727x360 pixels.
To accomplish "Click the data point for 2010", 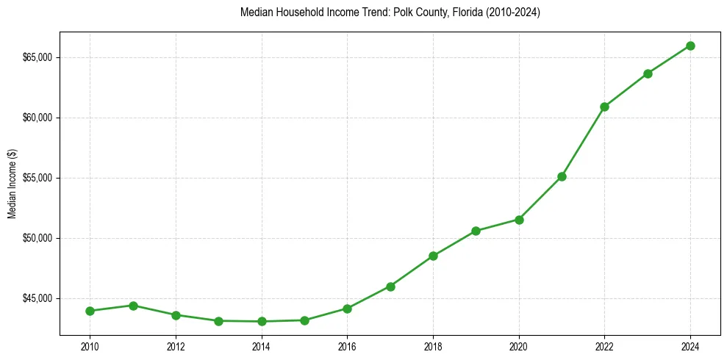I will pos(90,311).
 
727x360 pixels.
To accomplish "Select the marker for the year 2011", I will pos(133,306).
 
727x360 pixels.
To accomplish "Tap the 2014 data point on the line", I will pos(262,321).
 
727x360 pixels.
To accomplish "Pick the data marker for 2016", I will pos(347,309).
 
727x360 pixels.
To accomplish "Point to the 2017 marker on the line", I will pos(390,287).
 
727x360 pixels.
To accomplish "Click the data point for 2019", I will pos(476,231).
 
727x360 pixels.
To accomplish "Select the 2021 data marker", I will pos(562,176).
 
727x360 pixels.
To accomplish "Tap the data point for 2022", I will pos(604,107).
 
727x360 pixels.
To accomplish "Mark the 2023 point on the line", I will pos(648,73).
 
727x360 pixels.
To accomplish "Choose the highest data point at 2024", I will pos(690,46).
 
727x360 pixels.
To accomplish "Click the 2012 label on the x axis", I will pos(176,346).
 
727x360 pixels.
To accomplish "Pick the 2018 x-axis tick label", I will pos(433,346).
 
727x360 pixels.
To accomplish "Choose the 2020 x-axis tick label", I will pos(519,346).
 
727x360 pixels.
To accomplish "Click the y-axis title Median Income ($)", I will pos(12,184).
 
